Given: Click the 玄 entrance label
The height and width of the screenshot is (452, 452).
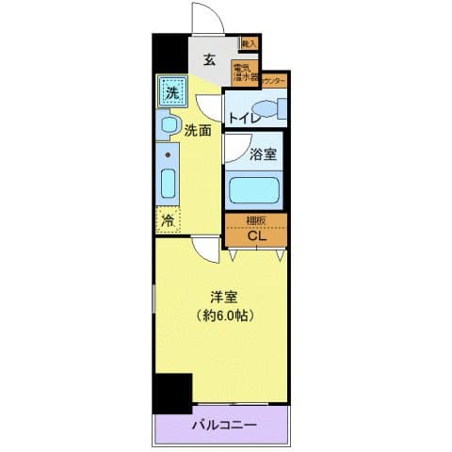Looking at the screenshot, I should click(210, 61).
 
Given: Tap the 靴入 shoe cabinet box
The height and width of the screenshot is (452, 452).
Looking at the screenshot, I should click(250, 42).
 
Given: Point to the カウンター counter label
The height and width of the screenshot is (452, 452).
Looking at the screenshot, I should click(274, 82).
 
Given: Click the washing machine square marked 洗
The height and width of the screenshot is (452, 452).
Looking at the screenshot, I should click(172, 92).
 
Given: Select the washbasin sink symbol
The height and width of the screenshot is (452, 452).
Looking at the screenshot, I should click(169, 125).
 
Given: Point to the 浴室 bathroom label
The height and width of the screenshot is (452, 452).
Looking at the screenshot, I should click(263, 156).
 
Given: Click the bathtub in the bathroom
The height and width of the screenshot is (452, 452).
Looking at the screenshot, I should click(256, 189).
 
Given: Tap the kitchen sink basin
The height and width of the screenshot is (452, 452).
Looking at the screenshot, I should click(169, 181).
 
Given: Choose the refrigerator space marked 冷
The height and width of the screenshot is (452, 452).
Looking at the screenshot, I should click(168, 221).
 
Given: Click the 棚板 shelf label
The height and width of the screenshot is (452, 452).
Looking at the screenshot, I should click(256, 220).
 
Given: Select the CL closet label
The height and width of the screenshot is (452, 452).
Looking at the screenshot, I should click(256, 235).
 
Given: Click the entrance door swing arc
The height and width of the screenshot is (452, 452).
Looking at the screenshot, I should click(203, 19).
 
